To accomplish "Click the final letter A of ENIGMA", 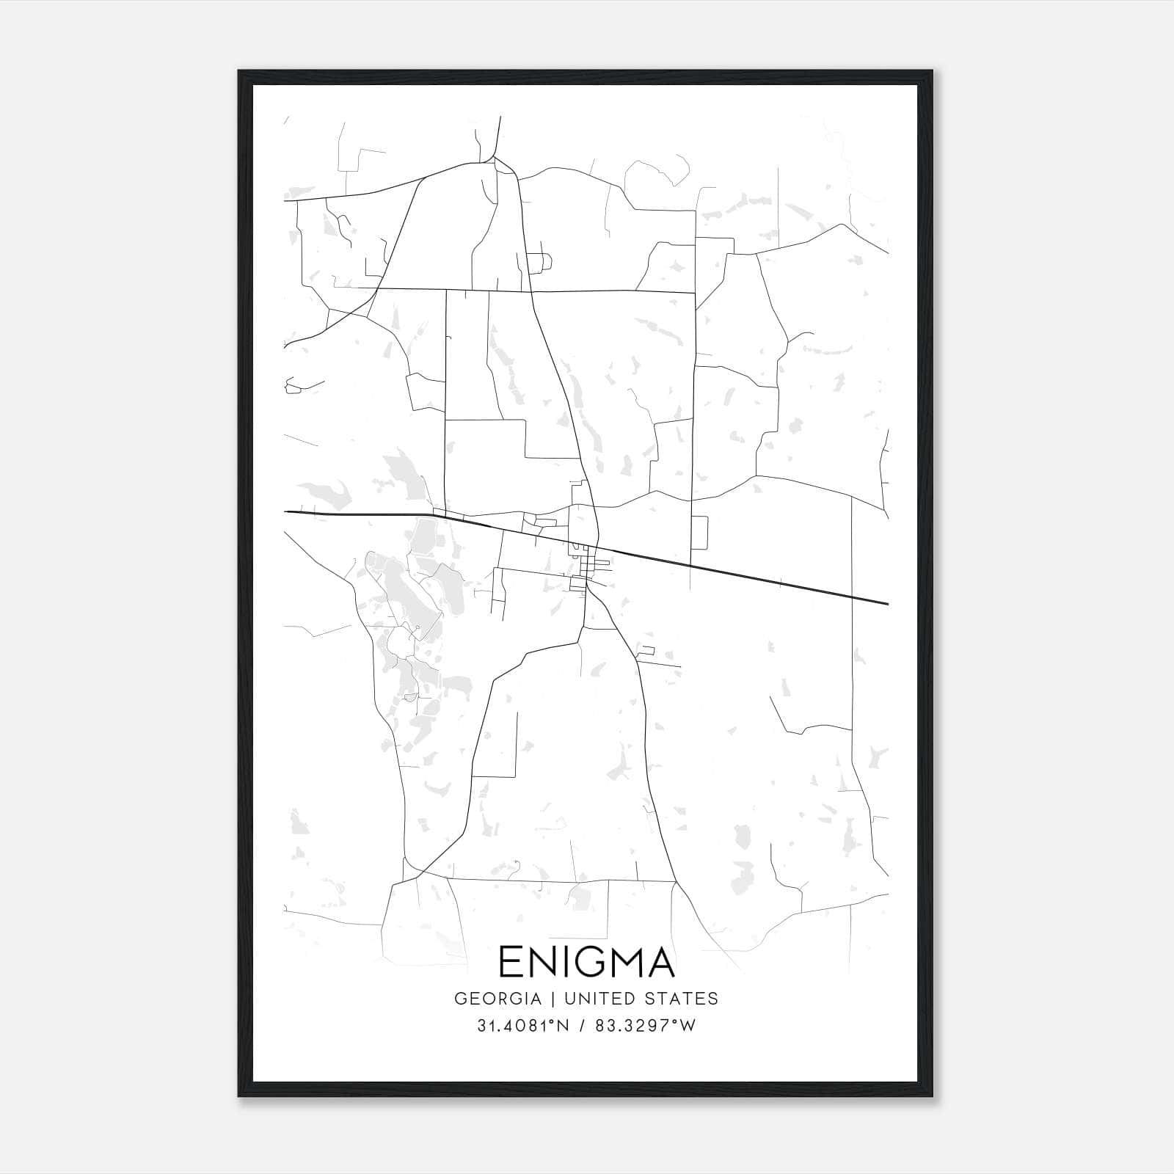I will click(x=661, y=962).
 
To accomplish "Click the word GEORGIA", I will click(x=498, y=999).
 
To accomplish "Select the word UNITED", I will click(x=613, y=999).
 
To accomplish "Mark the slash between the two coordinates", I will click(x=582, y=1026).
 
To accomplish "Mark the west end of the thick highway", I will click(x=286, y=511).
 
